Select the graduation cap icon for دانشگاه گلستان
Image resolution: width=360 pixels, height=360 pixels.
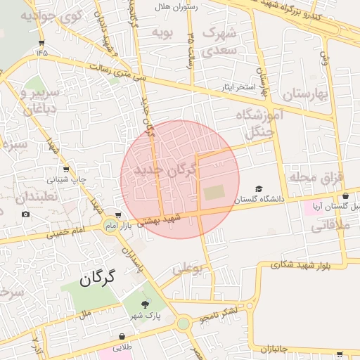(259, 189)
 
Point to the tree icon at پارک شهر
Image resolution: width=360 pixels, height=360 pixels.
(146, 304)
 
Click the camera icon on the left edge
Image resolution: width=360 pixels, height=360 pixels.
(26, 214)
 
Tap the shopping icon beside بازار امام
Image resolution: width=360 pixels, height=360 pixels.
(118, 215)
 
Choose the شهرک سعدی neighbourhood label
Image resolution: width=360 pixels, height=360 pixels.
(220, 42)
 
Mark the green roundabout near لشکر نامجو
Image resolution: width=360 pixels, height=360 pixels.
(183, 323)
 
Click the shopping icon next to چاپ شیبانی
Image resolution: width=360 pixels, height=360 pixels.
(66, 169)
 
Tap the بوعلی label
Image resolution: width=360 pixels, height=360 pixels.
(187, 269)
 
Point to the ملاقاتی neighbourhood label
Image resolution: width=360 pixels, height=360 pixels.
(330, 226)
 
